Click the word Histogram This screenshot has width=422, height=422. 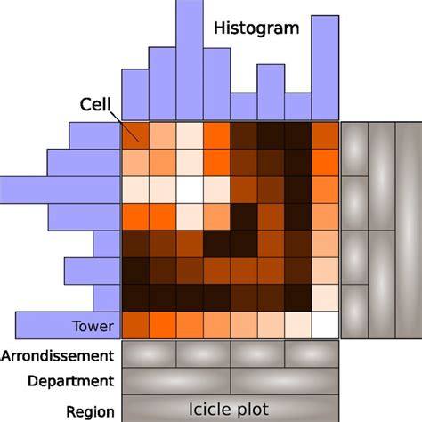(x=256, y=28)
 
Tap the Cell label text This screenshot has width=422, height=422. (x=95, y=104)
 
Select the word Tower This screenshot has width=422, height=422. (x=93, y=326)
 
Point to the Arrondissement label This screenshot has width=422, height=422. (x=57, y=355)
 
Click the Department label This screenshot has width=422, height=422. (x=70, y=381)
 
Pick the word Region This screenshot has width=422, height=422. (x=90, y=411)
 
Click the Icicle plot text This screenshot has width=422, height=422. (x=229, y=410)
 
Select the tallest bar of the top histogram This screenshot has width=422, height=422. (x=190, y=61)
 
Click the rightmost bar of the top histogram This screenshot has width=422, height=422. (x=325, y=68)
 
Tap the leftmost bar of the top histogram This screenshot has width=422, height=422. (x=135, y=94)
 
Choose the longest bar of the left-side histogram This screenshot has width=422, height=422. (x=61, y=190)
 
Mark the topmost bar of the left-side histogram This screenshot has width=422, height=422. (x=94, y=135)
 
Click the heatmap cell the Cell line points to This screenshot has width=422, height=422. (x=135, y=135)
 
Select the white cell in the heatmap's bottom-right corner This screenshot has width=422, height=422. (x=325, y=325)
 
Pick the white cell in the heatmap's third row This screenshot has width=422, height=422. (x=190, y=190)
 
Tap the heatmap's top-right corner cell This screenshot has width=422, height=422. (x=325, y=135)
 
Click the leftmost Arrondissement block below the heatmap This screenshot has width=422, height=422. (x=149, y=354)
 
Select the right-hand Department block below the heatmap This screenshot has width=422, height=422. (x=285, y=381)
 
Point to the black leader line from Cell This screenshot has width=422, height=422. (x=125, y=126)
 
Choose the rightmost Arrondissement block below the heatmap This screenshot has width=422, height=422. (x=312, y=354)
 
